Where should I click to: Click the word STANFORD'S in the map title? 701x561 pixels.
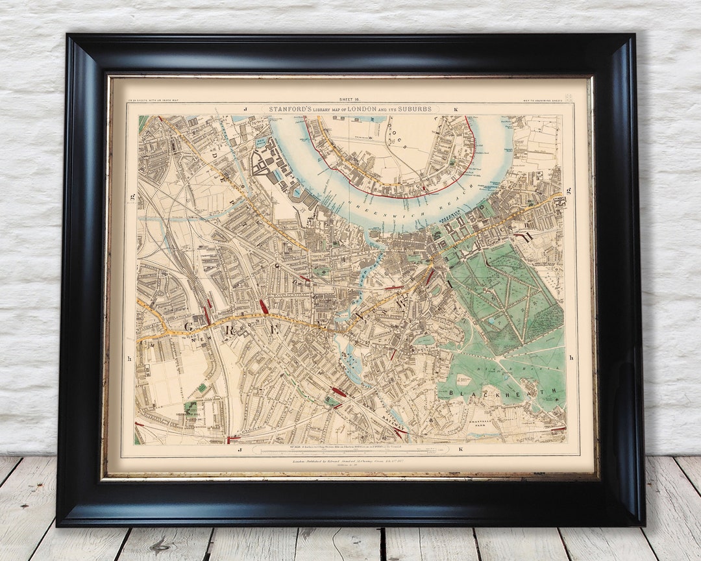tap(290, 109)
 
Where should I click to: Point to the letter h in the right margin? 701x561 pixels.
tap(571, 358)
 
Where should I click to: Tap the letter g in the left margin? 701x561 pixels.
tap(132, 195)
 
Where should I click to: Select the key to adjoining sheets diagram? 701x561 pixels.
tap(568, 98)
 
